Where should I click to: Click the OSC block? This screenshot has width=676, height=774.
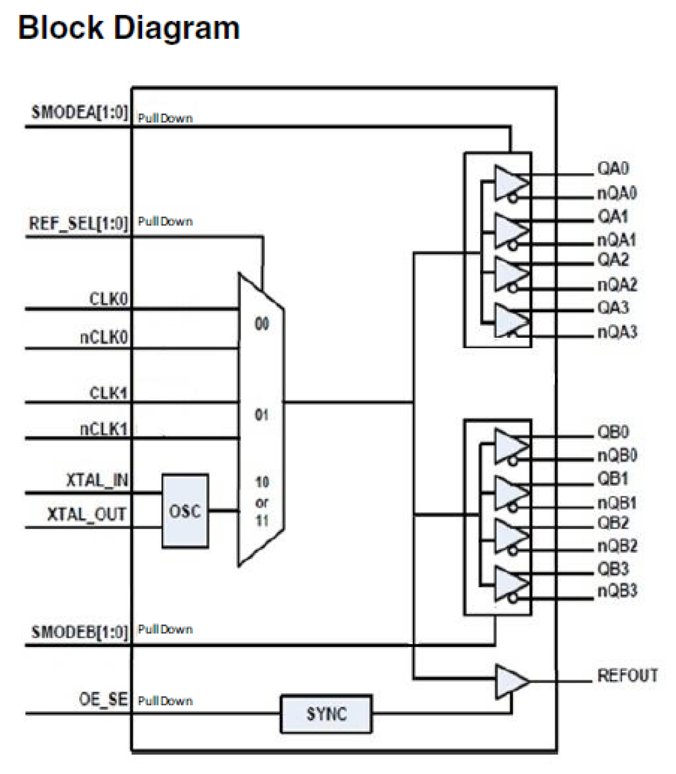[185, 511]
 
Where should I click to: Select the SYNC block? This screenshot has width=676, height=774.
[326, 714]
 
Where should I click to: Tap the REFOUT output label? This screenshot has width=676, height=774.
[627, 676]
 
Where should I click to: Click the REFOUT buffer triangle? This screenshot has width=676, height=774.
[510, 681]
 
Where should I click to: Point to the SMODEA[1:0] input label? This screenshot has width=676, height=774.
[80, 112]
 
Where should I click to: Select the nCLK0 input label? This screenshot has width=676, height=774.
[104, 337]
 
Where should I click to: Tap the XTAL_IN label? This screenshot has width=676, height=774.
[97, 480]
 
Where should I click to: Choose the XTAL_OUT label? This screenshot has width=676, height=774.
[87, 515]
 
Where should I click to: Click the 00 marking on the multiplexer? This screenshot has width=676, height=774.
[262, 324]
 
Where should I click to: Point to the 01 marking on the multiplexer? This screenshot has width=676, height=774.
[262, 415]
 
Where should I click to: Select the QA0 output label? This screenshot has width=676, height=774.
[612, 168]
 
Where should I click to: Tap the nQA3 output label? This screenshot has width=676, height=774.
[617, 332]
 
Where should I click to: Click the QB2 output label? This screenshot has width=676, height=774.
[612, 523]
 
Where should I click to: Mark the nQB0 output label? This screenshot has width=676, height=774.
[617, 456]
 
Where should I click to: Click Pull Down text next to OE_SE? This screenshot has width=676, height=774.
[165, 701]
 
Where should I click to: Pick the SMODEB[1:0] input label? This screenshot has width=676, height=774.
[80, 631]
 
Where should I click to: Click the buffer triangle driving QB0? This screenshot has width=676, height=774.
[509, 444]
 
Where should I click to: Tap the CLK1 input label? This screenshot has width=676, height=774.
[108, 393]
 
